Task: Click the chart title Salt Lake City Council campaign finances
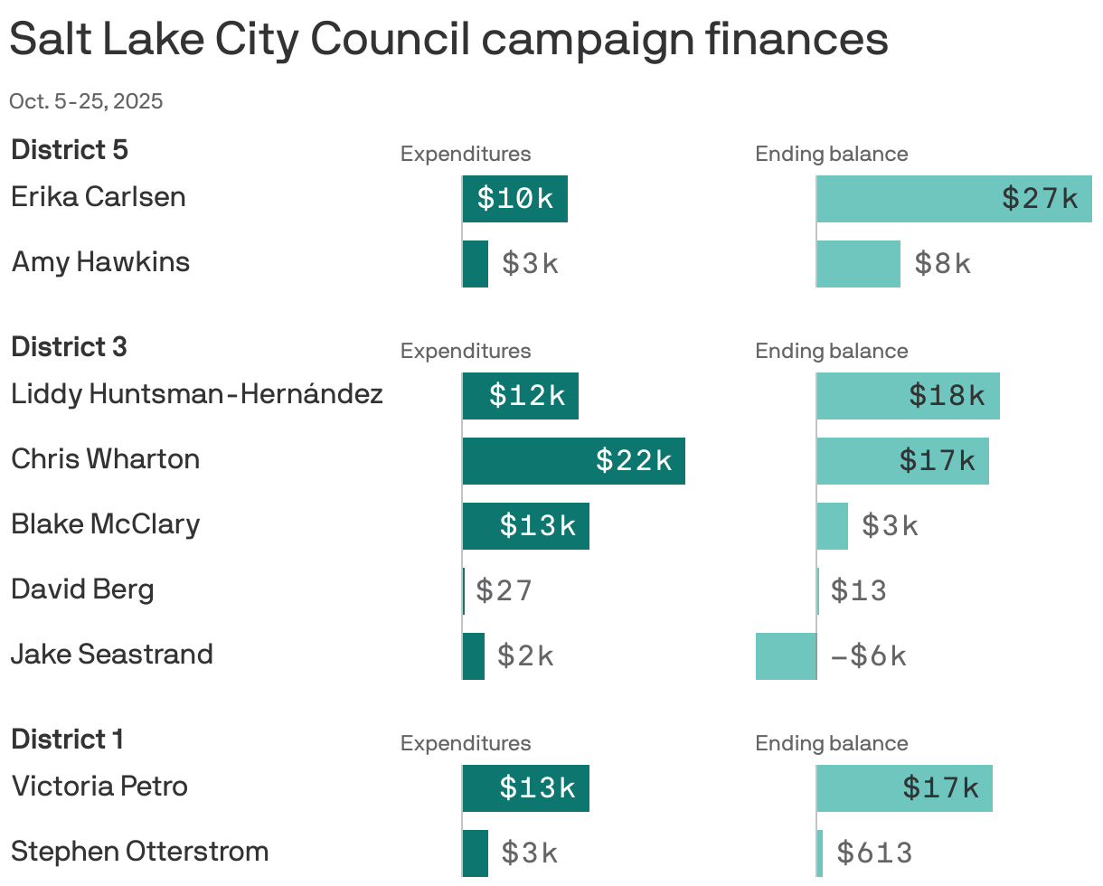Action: coord(448,40)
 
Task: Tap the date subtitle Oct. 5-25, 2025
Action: coord(86,101)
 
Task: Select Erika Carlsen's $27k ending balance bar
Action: coord(954,199)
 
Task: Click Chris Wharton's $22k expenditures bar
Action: coord(573,461)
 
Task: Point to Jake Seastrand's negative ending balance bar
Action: coord(786,656)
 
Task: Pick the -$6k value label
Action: coord(868,656)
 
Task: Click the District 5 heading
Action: coord(70,150)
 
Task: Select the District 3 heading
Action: coord(69,347)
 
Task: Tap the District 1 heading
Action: coord(67,740)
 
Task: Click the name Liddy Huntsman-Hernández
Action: coord(197,394)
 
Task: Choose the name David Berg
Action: coord(82,589)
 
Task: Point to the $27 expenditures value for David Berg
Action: coord(504,591)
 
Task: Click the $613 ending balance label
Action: coord(874,853)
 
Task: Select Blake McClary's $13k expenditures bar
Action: coord(525,526)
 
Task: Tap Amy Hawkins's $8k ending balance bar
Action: coord(858,264)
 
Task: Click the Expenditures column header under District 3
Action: coord(466,351)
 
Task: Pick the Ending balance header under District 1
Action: coord(832,743)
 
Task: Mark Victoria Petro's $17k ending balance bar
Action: coord(904,788)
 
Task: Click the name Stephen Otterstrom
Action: coord(140,852)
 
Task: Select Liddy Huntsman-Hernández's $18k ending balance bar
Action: coord(908,396)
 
